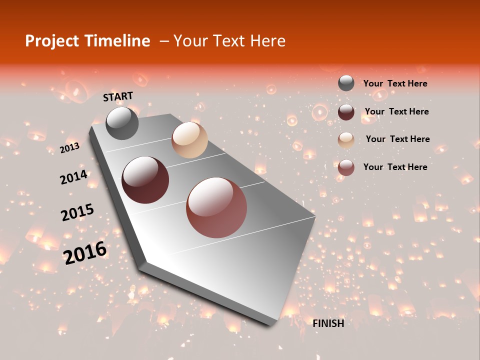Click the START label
[118, 96]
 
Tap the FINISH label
[328, 323]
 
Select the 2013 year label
[69, 147]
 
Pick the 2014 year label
[73, 177]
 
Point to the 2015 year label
[77, 212]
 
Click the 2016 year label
[85, 252]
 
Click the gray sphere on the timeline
[122, 123]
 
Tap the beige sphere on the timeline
[189, 140]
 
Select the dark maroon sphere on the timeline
[145, 180]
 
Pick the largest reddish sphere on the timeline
[216, 207]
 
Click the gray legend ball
[346, 83]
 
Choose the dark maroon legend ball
[346, 111]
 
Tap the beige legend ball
[346, 139]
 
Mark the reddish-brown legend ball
[346, 167]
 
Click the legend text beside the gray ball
[395, 83]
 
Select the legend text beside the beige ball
[397, 139]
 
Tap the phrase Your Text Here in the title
[229, 41]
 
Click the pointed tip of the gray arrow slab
[315, 217]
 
